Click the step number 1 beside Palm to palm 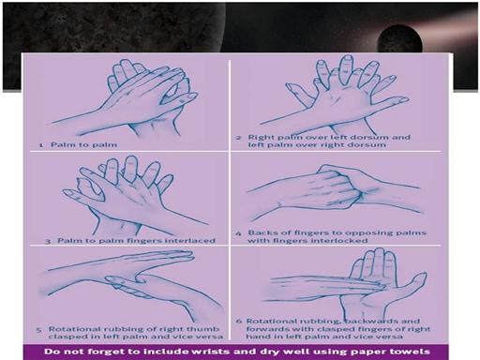pos(41,145)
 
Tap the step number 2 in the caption pos(239,138)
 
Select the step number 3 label pos(48,241)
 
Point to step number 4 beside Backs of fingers pos(238,233)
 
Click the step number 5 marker pos(38,330)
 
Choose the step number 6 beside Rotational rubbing pos(239,322)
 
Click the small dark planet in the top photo pos(399,39)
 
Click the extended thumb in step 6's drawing pos(412,283)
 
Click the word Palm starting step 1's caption pos(61,144)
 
